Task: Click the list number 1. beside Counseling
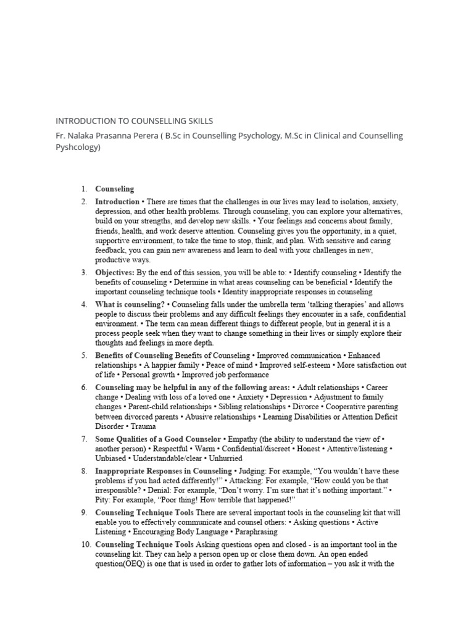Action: click(x=84, y=189)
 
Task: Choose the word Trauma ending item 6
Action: click(x=143, y=426)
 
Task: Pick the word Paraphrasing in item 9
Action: click(x=255, y=531)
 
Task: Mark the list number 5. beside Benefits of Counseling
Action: click(x=84, y=355)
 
